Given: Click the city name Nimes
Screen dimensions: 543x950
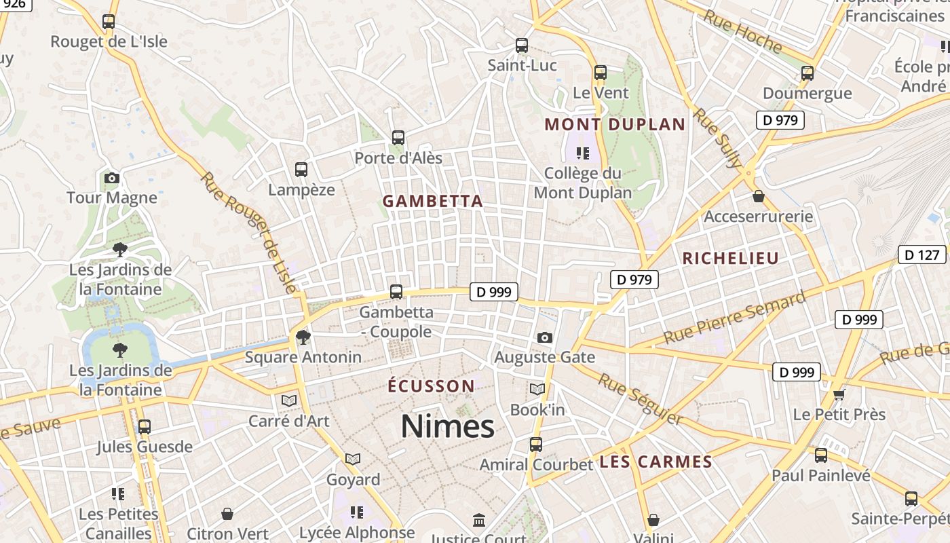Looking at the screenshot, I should point(447,426).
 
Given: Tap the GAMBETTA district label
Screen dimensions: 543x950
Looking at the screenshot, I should point(433,201).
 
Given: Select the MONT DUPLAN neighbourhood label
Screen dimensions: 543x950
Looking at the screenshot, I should point(615,124).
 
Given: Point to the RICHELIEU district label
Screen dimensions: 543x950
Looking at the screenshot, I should point(730,258).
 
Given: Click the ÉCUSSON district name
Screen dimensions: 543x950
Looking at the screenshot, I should point(431,386).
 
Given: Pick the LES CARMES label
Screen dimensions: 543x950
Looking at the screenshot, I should point(655,462).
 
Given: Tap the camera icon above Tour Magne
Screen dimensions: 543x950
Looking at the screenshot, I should point(112,179).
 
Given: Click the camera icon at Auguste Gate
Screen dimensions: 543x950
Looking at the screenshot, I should point(544,337).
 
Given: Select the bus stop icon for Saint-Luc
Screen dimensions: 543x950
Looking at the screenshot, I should point(522,45).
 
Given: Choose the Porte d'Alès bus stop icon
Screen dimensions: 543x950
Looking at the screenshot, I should point(398,138).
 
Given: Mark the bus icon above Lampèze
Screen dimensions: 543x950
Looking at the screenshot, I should point(301,170).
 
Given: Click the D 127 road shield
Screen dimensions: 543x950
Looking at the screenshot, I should point(922,255).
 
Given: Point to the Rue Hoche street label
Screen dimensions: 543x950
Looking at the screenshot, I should point(742,32).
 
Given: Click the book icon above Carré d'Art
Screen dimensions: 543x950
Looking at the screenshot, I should point(289,400).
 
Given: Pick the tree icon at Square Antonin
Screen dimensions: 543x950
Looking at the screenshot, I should point(303,337).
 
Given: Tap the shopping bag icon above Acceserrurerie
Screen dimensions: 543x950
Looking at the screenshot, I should point(759,196).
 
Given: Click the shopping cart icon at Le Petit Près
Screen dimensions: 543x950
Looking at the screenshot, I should point(839,394).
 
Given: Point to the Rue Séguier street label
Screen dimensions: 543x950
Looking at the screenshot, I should point(640,398).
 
